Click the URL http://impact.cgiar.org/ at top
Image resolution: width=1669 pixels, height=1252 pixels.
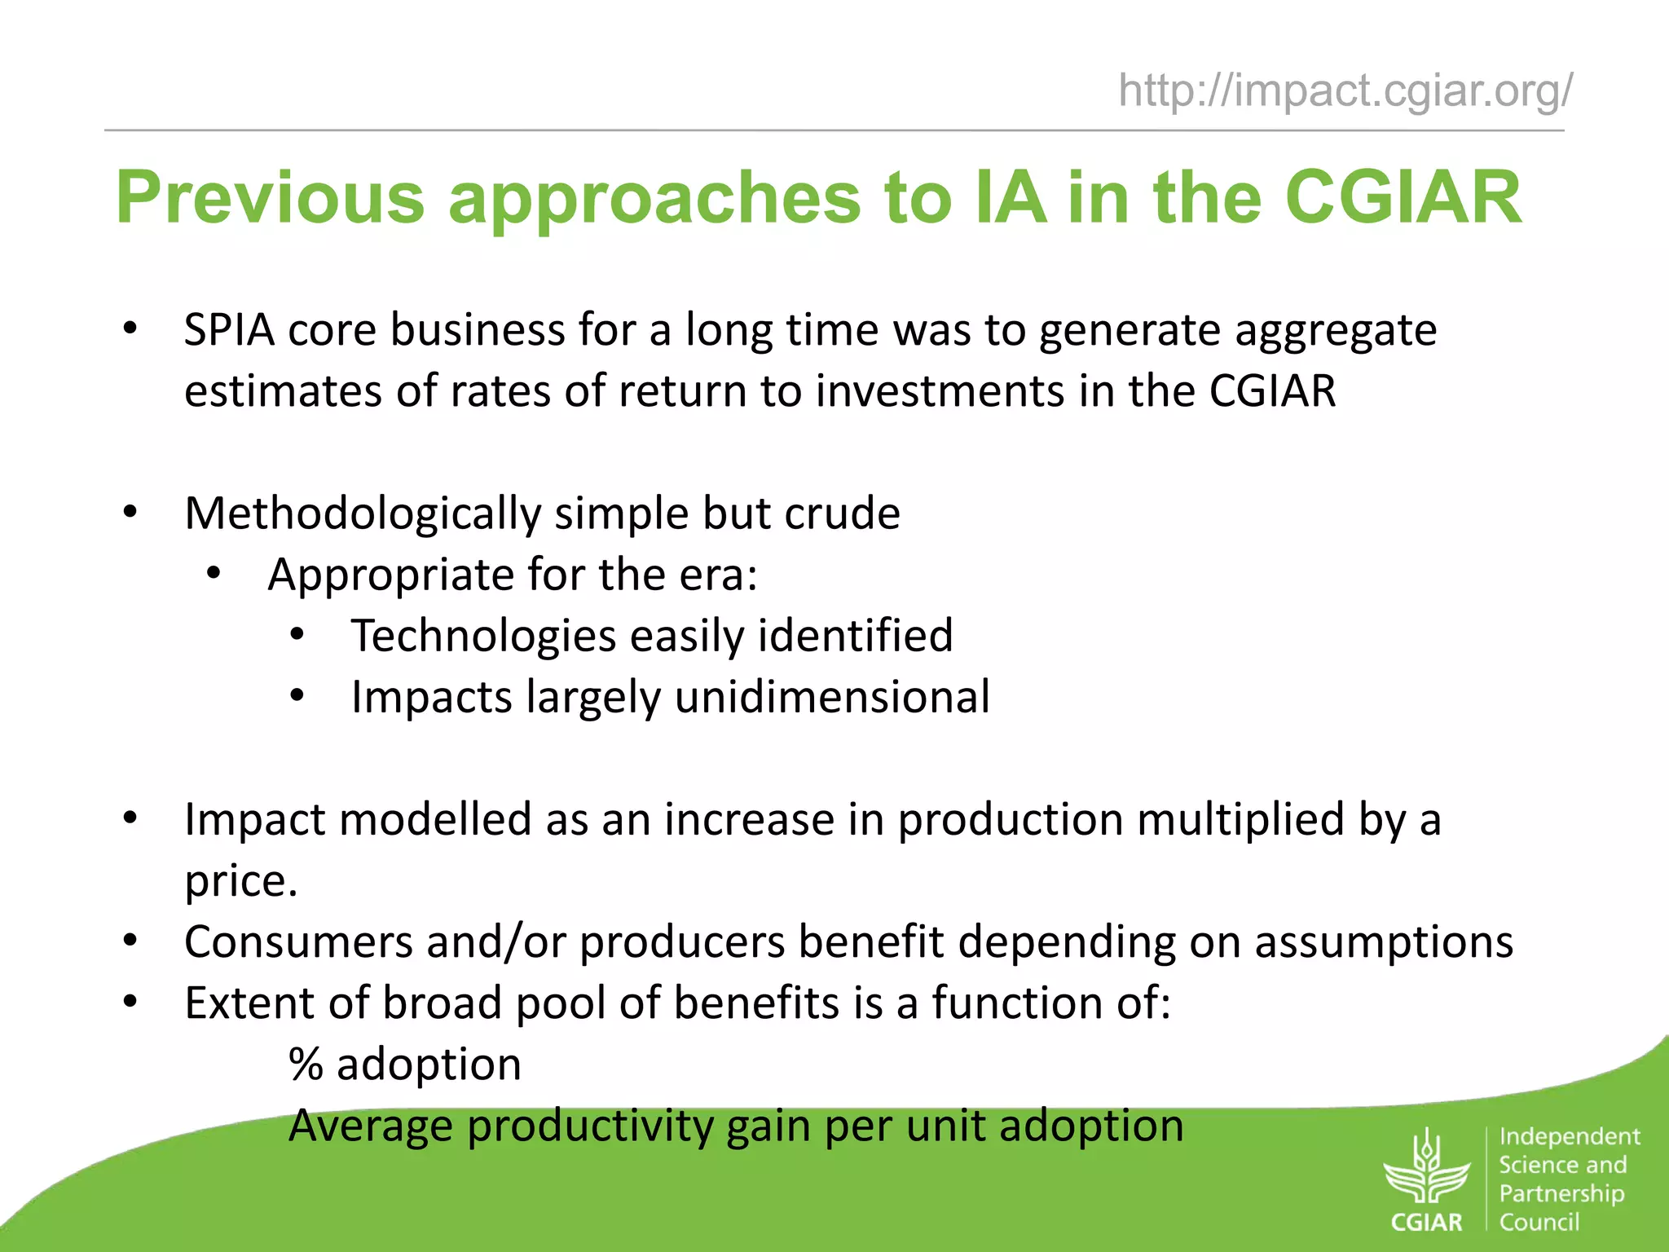[x=1345, y=90]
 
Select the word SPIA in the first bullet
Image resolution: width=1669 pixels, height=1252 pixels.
[x=229, y=331]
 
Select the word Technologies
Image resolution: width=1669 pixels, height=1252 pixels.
[x=483, y=637]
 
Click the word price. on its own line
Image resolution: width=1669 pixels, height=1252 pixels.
[x=241, y=882]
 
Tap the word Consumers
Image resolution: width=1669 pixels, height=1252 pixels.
[x=298, y=942]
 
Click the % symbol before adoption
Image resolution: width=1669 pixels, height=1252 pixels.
[x=306, y=1065]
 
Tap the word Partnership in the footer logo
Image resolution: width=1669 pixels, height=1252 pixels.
[x=1561, y=1194]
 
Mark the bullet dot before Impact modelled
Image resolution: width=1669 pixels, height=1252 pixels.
[x=130, y=818]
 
